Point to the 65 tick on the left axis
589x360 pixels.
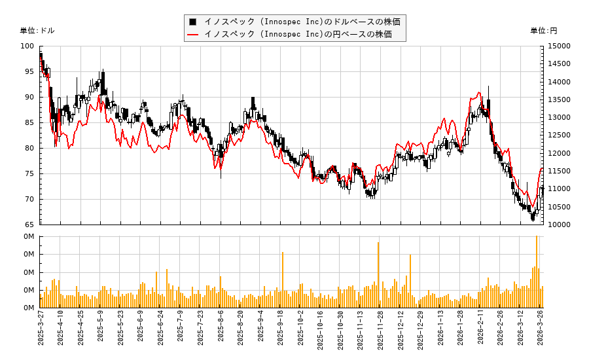click(29, 225)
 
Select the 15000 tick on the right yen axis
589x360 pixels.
click(560, 46)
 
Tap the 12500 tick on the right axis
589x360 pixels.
click(560, 135)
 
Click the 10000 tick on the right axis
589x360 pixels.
click(560, 225)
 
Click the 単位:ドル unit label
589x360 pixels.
click(37, 31)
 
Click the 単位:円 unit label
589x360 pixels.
click(543, 31)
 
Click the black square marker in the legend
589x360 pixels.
click(193, 22)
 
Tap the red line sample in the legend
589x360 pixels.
click(193, 34)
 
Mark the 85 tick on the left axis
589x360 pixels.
click(29, 122)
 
